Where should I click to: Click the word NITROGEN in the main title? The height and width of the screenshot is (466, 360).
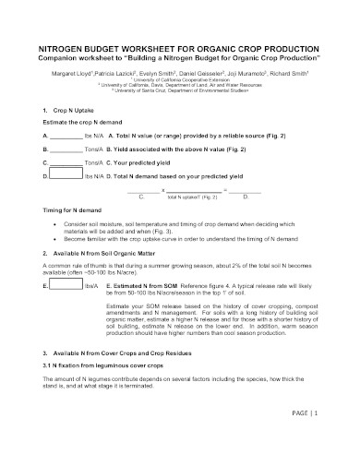pyautogui.click(x=66, y=43)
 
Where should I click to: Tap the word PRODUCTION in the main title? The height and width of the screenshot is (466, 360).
pyautogui.click(x=288, y=43)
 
